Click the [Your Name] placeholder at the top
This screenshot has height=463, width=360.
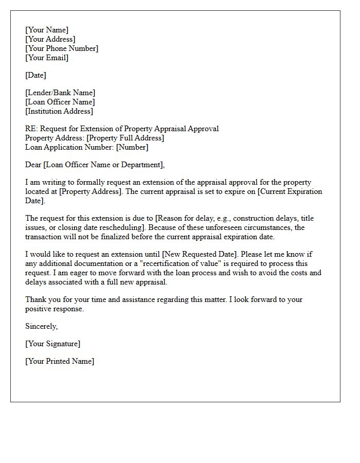[47, 30]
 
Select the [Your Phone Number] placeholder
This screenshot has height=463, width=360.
[62, 48]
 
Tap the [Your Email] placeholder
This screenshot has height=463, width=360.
[47, 58]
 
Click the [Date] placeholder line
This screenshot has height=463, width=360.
[35, 75]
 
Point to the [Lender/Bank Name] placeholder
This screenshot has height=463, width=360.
[60, 93]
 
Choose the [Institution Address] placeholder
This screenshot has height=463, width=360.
[59, 111]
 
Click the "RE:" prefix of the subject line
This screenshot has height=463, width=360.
[31, 129]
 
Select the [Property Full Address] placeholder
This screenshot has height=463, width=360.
[125, 138]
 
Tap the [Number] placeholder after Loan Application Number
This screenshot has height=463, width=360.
[132, 147]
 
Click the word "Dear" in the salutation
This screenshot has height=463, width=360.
[34, 165]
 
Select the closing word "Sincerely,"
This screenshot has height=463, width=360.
[42, 326]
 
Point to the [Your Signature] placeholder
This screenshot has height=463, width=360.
[52, 344]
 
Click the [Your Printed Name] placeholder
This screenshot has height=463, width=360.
[60, 361]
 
